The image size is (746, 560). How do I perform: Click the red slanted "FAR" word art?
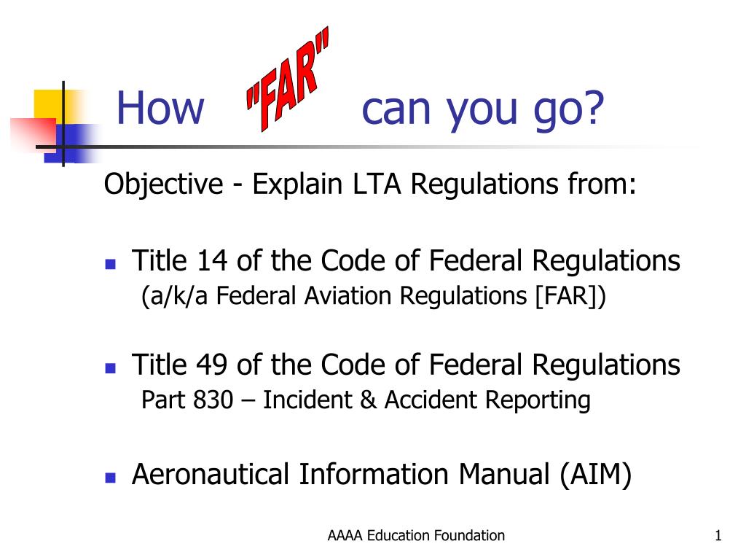tap(287, 79)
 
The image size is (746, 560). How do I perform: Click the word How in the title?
tap(160, 109)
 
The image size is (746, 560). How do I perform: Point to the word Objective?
tap(163, 184)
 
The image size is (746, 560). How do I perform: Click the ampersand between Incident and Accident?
tap(368, 400)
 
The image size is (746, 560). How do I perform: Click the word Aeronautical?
tap(211, 474)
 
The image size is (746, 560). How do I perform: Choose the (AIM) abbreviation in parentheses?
tap(596, 475)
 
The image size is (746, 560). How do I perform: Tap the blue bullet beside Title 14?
tap(111, 264)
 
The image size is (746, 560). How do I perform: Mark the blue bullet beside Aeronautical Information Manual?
tap(111, 478)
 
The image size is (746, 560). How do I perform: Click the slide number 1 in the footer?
tap(718, 536)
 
